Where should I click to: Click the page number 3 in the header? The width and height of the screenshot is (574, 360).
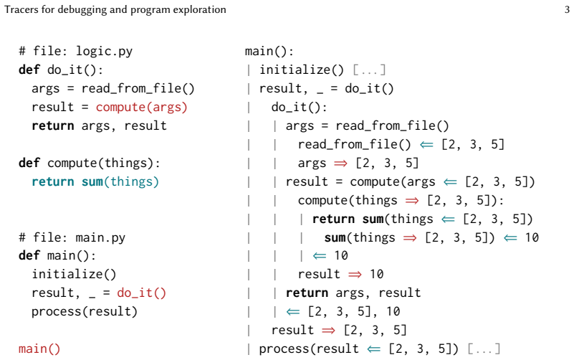(567, 9)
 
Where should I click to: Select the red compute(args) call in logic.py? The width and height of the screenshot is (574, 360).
(142, 108)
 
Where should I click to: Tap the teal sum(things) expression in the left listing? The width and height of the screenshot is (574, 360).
(120, 181)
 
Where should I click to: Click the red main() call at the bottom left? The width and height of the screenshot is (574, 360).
(39, 349)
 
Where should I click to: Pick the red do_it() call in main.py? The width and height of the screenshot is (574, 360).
(141, 293)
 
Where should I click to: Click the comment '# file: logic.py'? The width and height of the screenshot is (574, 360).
(76, 51)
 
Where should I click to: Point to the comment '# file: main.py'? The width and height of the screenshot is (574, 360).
(72, 237)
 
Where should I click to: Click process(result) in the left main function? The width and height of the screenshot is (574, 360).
(85, 312)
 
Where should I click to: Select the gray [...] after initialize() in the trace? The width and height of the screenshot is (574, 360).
(369, 70)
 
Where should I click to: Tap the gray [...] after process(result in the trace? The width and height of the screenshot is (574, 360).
(484, 349)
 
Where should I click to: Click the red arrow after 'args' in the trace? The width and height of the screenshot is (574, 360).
(340, 164)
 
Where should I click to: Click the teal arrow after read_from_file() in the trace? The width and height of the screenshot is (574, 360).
(426, 145)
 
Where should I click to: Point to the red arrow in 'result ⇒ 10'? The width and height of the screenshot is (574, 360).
(355, 275)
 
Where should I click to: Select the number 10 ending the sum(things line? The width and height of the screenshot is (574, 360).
(532, 237)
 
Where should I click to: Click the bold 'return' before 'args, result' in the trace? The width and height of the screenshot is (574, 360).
(307, 293)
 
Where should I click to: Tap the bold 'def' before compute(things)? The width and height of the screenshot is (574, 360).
(29, 163)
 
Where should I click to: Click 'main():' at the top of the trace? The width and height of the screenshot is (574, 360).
(269, 51)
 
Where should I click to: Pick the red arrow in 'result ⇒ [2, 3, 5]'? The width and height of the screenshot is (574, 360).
(328, 331)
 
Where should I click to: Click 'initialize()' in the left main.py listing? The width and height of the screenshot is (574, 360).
(74, 275)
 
